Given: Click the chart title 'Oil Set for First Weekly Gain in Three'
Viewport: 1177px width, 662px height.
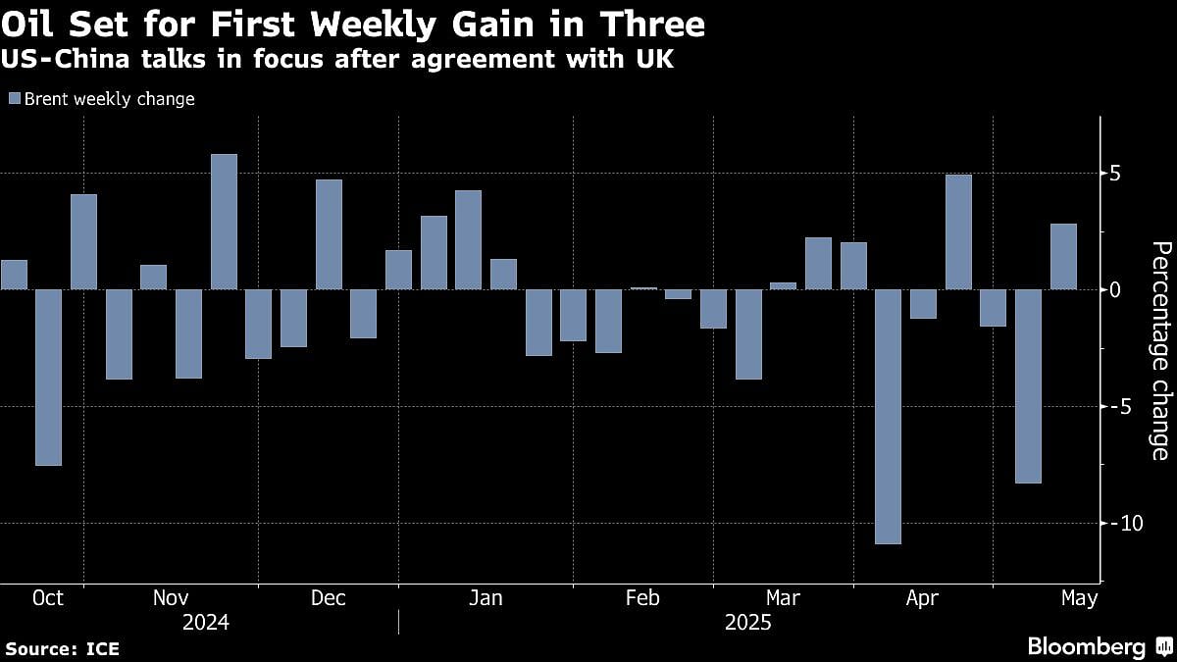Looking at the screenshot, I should coord(353,23).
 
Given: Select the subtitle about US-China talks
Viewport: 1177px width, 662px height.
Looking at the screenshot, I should coord(338,61).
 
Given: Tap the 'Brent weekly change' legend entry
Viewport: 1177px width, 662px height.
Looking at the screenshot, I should coord(102,99).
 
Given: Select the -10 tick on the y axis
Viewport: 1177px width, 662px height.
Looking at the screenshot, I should coord(1106,523).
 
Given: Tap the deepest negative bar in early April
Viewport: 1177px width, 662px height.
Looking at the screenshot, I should coord(888,416).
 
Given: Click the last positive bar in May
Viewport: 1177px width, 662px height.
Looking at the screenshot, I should coord(1063,257).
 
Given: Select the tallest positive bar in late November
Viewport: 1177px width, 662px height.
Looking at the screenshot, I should coord(224,222).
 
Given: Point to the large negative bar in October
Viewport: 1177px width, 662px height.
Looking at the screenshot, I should coord(49,377).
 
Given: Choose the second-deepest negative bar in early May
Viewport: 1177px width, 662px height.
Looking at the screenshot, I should coord(1028,385).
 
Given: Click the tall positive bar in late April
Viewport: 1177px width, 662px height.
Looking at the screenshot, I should coord(958,232).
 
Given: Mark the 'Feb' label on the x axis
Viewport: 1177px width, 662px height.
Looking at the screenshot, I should coord(641,598).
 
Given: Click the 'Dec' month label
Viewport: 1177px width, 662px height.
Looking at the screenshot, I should coord(328,598).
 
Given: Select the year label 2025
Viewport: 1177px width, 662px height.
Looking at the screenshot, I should coord(747,623).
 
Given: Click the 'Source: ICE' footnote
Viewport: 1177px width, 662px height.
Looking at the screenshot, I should coord(62,648).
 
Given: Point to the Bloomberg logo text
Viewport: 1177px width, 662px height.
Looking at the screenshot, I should coord(1086,647).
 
